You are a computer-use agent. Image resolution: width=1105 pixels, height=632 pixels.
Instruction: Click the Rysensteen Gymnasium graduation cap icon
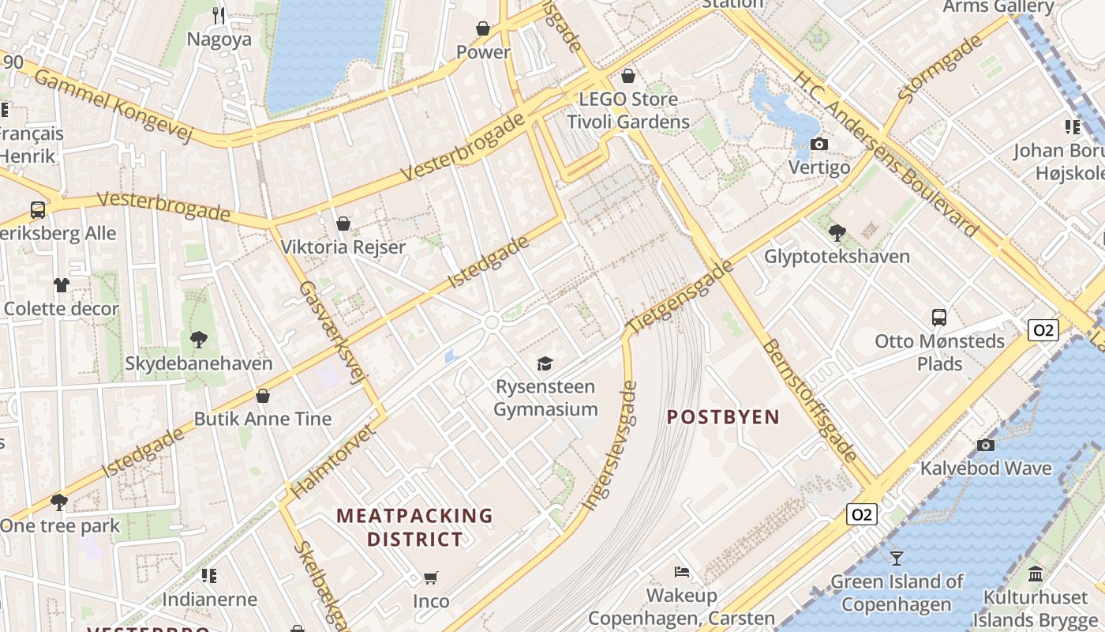pos(545,363)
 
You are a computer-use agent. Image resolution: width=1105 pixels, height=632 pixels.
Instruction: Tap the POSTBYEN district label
pos(723,417)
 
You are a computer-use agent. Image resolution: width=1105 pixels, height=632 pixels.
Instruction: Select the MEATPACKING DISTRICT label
pos(415,528)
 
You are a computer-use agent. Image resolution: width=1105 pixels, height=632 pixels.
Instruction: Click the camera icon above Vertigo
pos(819,144)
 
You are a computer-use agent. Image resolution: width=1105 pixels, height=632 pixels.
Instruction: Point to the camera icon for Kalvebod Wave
pos(985,445)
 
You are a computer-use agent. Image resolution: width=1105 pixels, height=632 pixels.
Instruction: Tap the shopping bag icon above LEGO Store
pos(628,76)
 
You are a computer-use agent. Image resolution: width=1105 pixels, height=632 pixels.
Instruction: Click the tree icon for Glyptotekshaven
pos(837,232)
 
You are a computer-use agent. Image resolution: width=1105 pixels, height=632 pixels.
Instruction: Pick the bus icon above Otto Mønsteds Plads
pos(938,318)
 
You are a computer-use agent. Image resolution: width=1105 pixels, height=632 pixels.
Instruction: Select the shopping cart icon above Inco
pos(430,577)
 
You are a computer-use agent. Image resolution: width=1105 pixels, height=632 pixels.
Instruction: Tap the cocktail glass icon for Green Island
pos(896,559)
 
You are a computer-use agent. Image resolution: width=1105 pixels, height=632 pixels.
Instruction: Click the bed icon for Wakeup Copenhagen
pos(682,571)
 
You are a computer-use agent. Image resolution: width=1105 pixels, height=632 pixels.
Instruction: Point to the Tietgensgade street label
pos(680,296)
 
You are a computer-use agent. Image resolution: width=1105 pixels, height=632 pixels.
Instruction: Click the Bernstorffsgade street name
pos(810,401)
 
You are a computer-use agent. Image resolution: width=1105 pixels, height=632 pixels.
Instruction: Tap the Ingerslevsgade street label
pos(609,446)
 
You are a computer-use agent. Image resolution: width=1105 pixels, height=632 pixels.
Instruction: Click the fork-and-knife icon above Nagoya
pos(219,15)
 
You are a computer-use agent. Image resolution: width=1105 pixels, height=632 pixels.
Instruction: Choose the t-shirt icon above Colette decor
pos(62,284)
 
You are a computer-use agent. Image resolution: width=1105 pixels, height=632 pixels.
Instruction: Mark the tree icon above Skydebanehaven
pos(199,340)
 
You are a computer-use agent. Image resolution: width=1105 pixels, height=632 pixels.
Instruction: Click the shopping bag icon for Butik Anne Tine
pos(263,395)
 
